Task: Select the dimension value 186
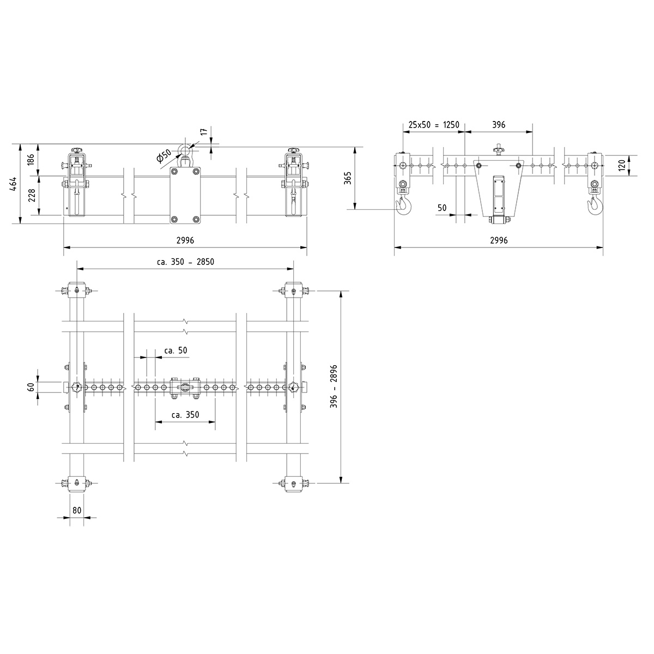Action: click(x=31, y=160)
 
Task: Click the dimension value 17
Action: click(x=204, y=131)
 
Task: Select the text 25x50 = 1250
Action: click(x=434, y=125)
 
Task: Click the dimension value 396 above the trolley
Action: click(x=499, y=125)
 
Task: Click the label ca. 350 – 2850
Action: click(x=185, y=262)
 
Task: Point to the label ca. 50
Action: click(x=175, y=350)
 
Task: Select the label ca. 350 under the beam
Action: click(x=185, y=415)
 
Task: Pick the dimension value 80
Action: click(x=77, y=511)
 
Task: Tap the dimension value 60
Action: click(x=31, y=387)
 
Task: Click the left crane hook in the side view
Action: click(x=404, y=206)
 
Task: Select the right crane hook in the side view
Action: click(x=594, y=206)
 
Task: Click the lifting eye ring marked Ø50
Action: click(x=186, y=150)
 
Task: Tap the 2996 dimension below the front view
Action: click(x=185, y=240)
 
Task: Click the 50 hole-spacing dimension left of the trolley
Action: click(x=442, y=208)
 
